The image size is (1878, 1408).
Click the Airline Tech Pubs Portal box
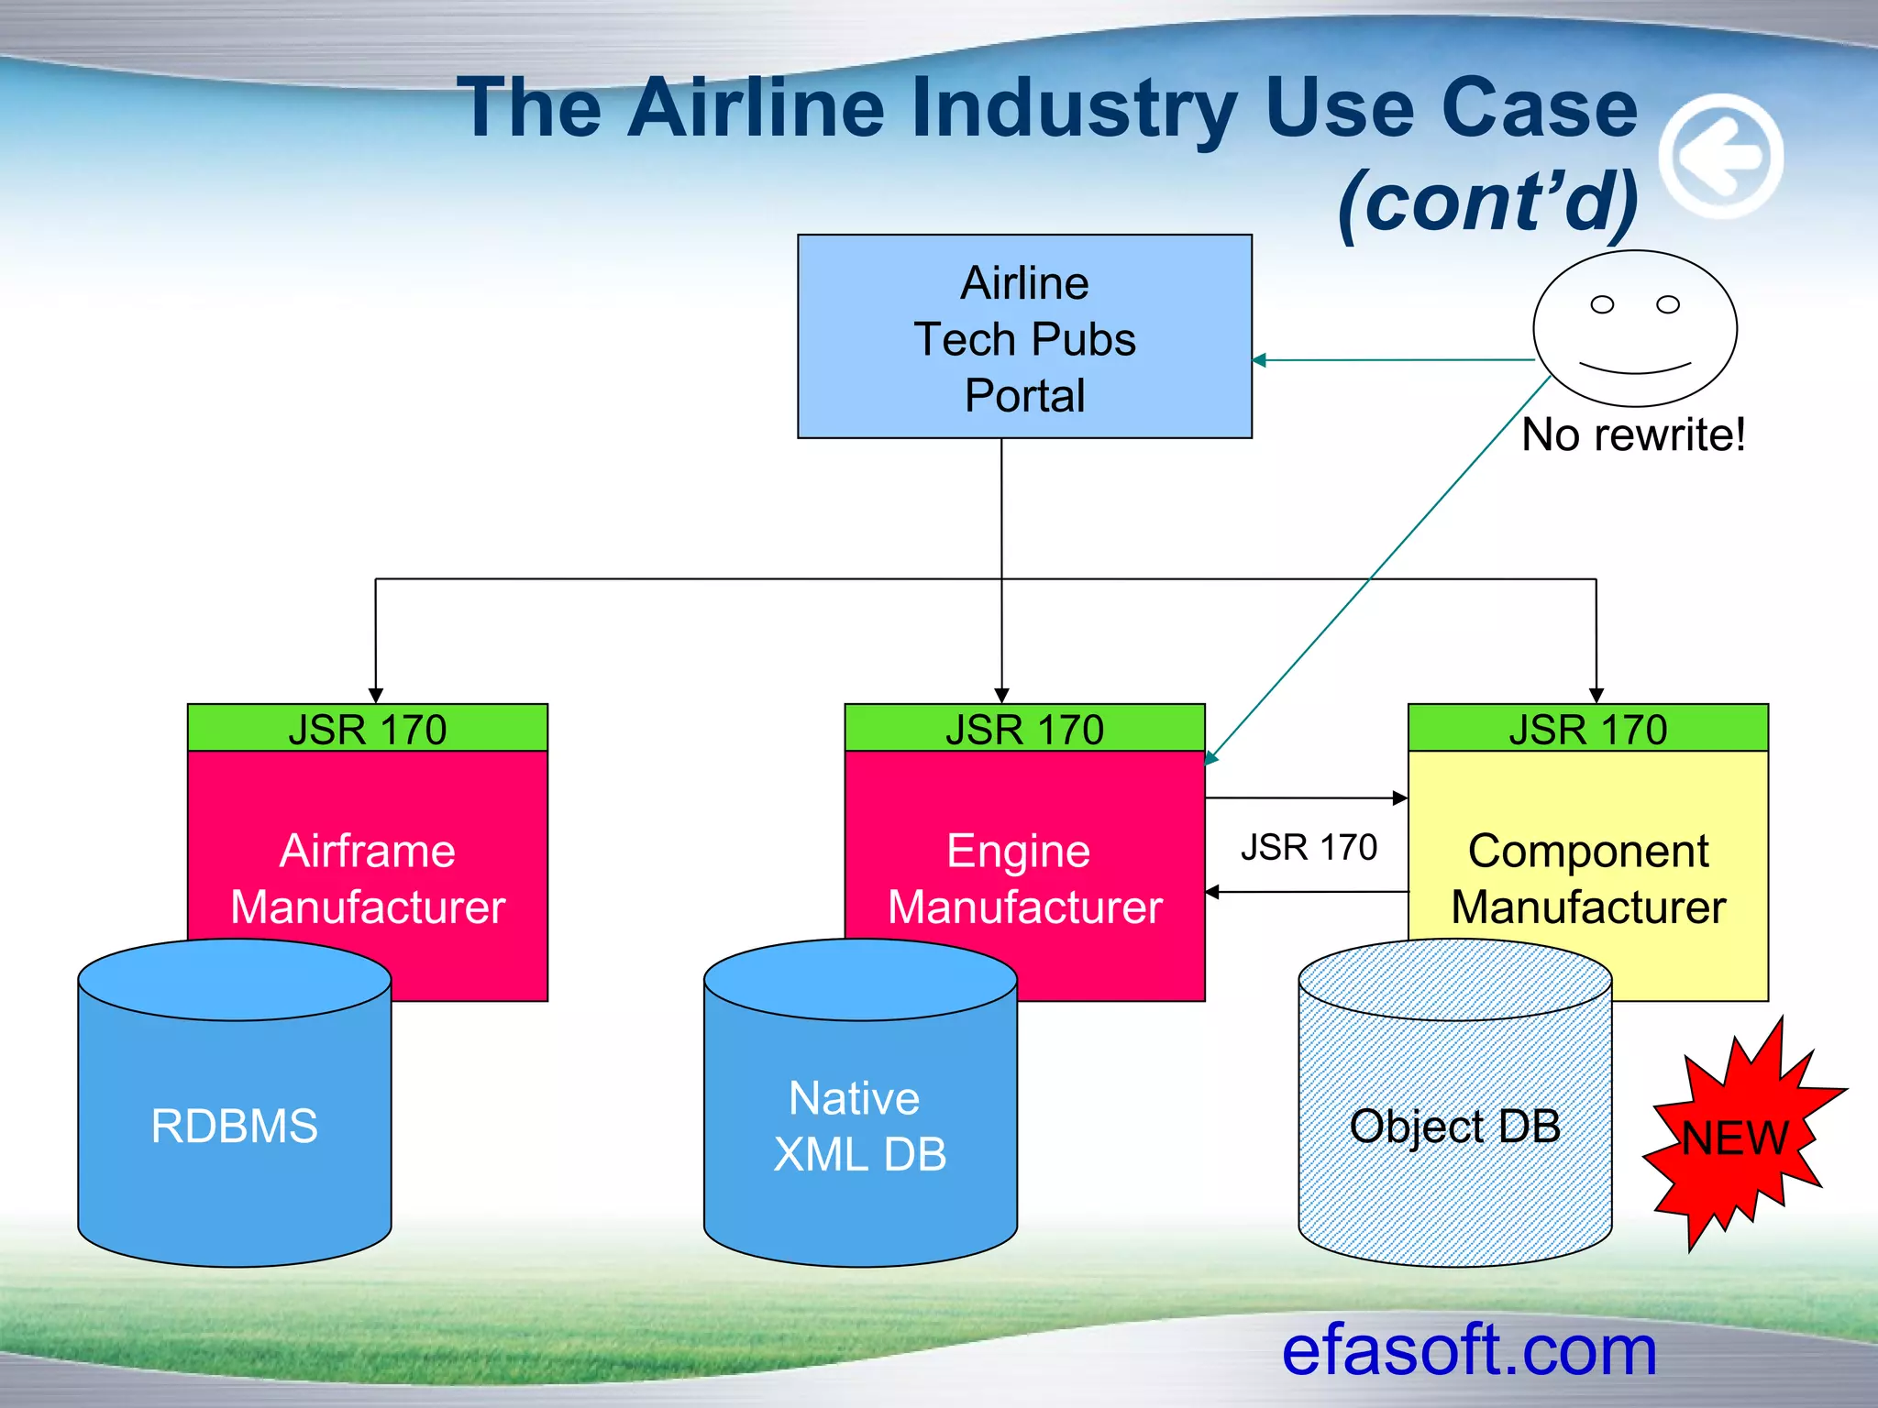(x=1024, y=336)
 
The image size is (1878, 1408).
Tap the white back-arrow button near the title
(x=1721, y=157)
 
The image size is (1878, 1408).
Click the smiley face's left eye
(x=1602, y=304)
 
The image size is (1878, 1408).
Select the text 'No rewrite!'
(x=1633, y=434)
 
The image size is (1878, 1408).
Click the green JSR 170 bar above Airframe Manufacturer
(x=367, y=729)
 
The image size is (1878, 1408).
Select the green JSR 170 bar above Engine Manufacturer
(x=1024, y=729)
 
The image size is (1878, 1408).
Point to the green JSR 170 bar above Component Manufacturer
(x=1587, y=729)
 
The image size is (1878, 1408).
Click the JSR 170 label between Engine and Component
(x=1309, y=847)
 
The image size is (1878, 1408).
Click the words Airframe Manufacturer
(x=367, y=878)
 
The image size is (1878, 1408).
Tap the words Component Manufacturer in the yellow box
(x=1587, y=878)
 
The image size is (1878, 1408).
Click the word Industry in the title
(x=1075, y=108)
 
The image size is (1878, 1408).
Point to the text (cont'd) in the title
(x=1487, y=202)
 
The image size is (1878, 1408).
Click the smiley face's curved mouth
(x=1635, y=368)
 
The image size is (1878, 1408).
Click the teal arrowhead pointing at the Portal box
(x=1260, y=360)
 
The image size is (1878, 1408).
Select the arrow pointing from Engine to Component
(x=1307, y=798)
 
